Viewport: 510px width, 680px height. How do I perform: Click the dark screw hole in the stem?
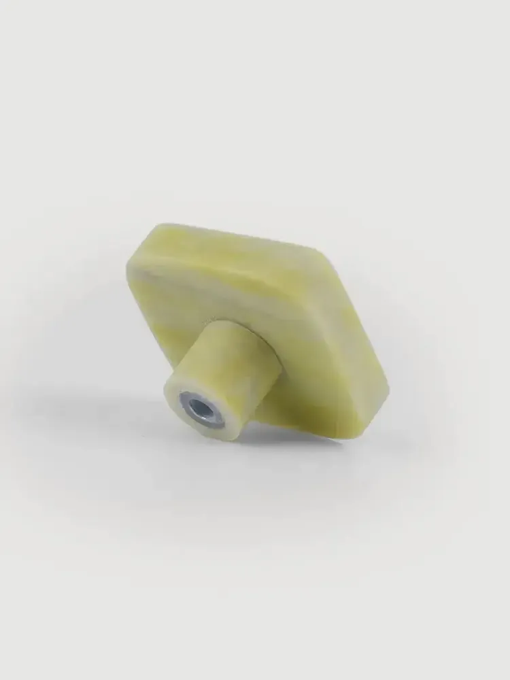tap(203, 409)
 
